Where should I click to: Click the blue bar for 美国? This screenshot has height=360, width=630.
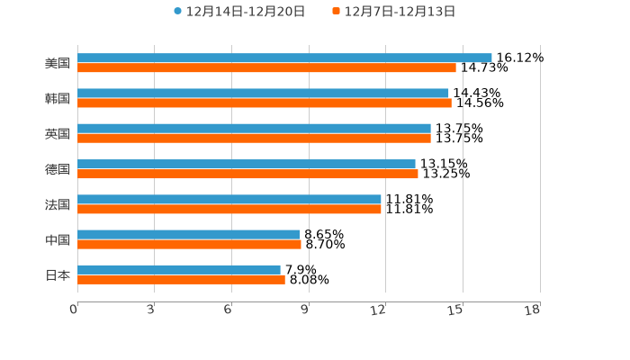point(284,58)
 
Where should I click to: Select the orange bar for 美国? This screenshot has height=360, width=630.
point(266,67)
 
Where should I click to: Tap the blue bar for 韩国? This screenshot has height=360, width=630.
point(263,93)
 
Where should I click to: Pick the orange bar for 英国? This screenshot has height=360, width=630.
point(254,138)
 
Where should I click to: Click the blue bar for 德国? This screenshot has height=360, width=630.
point(247,164)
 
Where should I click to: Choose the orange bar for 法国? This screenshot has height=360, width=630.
point(229,209)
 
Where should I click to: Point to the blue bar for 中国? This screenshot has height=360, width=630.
point(189,234)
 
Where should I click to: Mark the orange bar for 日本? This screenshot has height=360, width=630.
point(181,279)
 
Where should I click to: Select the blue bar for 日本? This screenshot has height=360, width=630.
point(179,269)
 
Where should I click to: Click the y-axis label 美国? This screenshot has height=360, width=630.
point(58,63)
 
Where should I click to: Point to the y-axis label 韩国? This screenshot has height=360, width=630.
point(58,98)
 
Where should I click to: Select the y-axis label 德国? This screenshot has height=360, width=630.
point(58,169)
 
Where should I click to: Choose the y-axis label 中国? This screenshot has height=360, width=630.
point(58,239)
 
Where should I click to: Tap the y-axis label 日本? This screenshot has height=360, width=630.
point(58,274)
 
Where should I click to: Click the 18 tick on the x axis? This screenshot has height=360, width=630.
point(532,310)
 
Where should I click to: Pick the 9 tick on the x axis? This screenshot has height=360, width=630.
point(305,310)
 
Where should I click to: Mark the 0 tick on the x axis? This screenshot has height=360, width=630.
point(75,310)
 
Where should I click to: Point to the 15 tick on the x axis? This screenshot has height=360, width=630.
point(455,310)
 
